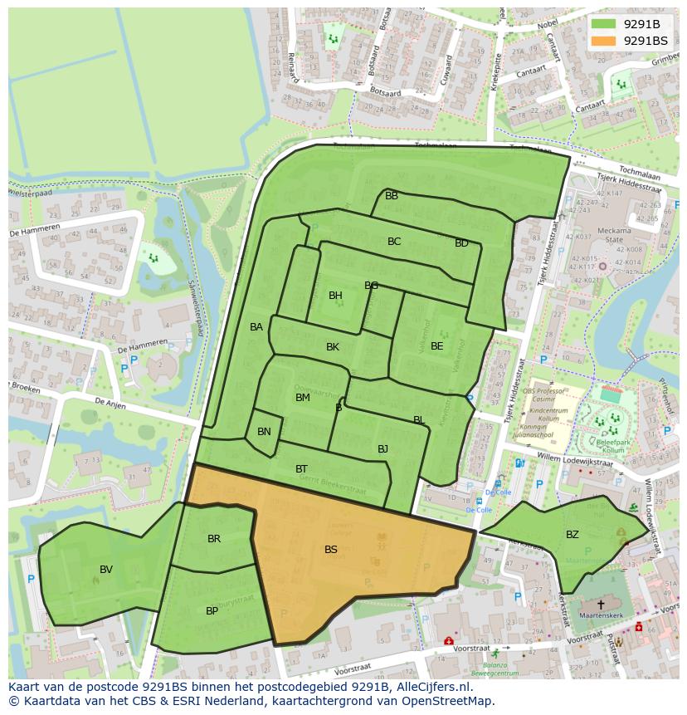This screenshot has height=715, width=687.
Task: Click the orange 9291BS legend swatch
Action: coord(605,41)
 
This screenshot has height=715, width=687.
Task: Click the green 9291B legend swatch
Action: coord(605,24)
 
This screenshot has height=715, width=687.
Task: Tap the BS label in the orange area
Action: coord(331,550)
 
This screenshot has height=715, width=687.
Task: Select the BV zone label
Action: coord(106,570)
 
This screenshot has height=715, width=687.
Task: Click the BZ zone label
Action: coord(572,535)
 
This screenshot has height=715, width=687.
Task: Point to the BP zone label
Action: coord(212,611)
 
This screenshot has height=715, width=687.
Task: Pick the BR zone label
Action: coord(214,539)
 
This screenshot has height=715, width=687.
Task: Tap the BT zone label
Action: coord(302,469)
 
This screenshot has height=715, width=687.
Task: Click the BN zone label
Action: coord(264,432)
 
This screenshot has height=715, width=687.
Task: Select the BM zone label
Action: coord(303,398)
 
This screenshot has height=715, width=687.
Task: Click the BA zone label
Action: coord(256,327)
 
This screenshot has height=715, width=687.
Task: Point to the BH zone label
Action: coord(335,296)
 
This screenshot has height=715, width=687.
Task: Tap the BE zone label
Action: coord(437,346)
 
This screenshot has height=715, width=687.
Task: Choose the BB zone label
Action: coord(392,196)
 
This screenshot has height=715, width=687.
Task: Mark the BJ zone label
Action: coord(382,449)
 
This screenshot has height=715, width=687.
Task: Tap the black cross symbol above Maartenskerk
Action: coord(601,605)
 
